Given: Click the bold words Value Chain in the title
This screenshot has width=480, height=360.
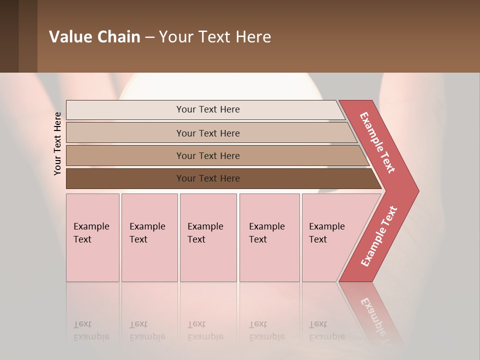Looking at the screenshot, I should click(x=94, y=36).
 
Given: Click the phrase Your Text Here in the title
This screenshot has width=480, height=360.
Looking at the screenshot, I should click(x=215, y=36).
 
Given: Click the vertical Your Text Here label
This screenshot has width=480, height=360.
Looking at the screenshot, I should click(x=57, y=143).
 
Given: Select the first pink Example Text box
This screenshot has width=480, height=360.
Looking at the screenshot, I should click(x=92, y=237).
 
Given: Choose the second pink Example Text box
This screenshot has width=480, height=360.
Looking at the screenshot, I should click(x=149, y=237).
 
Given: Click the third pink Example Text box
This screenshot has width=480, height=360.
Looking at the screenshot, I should click(x=208, y=237).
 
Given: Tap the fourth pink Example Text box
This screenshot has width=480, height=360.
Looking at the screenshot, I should click(x=269, y=237).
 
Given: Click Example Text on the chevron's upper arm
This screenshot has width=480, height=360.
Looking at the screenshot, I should click(x=377, y=142).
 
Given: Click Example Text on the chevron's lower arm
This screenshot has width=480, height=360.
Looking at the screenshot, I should click(x=378, y=236).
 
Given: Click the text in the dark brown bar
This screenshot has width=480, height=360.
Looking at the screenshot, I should click(x=208, y=178).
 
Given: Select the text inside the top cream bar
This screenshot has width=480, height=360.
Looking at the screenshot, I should click(x=208, y=109).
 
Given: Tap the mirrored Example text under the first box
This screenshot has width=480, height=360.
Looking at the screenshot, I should click(x=91, y=330).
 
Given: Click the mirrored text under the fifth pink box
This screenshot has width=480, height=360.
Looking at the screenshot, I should click(x=326, y=330).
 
